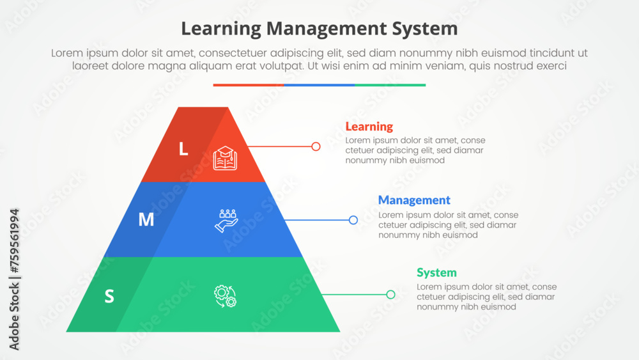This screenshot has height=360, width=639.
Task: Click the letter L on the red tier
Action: pos(183,149)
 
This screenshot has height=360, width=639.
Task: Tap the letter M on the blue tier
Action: pos(146,219)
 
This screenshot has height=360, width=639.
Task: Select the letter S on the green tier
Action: pos(109,296)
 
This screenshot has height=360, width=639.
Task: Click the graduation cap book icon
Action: pos(225,158)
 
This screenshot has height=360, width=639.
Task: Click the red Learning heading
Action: pos(369,127)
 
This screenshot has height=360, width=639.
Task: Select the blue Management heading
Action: pos(414,200)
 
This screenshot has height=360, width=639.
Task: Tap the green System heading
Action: pos(436,272)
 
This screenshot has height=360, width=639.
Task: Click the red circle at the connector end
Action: pos(316,146)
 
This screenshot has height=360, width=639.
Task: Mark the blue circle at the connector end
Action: pos(353,220)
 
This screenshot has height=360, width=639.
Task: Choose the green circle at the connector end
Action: pos(390,295)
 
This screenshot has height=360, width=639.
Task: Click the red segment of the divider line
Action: pos(249,84)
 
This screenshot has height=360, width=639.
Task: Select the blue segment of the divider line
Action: pos(319,84)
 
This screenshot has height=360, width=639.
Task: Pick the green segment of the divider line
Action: pos(390,84)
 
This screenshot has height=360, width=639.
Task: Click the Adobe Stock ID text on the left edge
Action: pos(15,279)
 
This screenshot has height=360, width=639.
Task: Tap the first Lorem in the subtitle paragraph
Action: pos(66,54)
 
